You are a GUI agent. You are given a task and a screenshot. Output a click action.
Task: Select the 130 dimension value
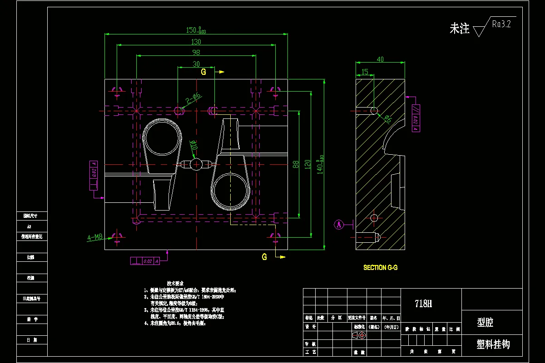(x=196, y=42)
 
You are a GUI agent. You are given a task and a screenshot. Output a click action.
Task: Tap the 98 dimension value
(x=196, y=52)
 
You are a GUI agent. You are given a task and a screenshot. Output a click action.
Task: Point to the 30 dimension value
(x=196, y=64)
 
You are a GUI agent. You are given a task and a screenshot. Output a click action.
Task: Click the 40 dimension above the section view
(x=380, y=59)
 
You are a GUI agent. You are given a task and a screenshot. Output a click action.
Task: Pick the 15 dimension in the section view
(x=365, y=71)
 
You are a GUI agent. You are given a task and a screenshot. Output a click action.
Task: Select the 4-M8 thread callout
(x=95, y=237)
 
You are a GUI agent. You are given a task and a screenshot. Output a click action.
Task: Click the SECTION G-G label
(x=380, y=268)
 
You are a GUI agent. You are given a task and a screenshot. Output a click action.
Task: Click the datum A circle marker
(x=338, y=224)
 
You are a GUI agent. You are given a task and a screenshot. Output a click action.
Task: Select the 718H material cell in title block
(x=423, y=304)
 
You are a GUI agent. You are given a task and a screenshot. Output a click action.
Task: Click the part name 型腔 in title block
(x=485, y=323)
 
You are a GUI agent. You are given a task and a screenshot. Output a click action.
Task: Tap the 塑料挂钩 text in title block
(x=493, y=344)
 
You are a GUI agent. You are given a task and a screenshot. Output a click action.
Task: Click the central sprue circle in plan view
(x=196, y=164)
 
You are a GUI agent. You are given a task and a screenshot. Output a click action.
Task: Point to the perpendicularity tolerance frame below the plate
(x=145, y=261)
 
